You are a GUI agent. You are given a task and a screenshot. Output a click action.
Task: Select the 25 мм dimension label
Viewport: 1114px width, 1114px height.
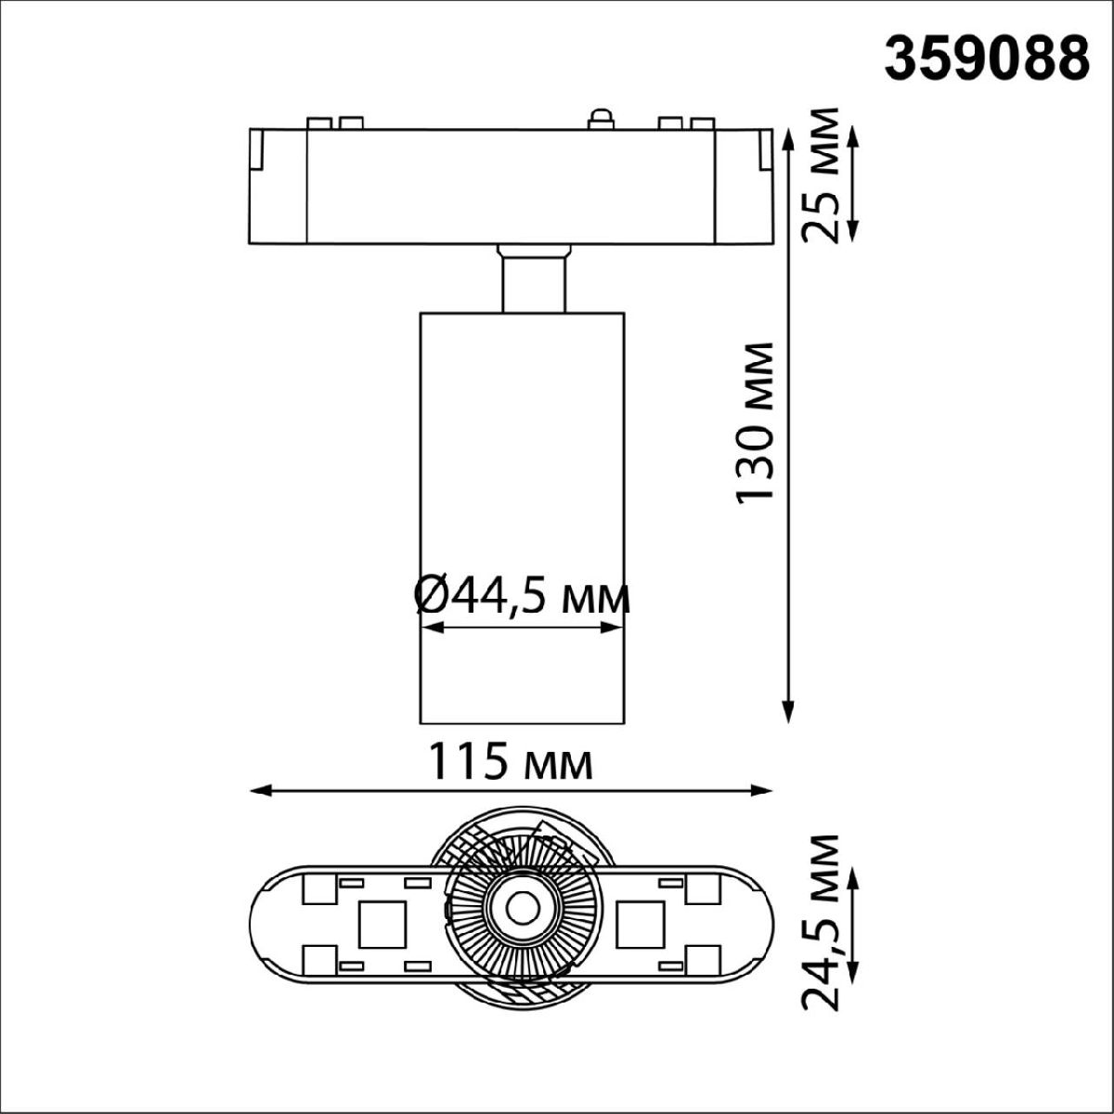point(822,176)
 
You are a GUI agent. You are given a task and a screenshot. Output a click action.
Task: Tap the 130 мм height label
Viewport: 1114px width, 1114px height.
point(754,422)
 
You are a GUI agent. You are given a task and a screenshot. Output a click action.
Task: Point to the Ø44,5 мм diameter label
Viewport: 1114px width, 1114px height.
point(522,596)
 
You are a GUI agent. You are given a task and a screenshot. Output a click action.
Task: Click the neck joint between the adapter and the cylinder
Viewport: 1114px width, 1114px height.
point(534,277)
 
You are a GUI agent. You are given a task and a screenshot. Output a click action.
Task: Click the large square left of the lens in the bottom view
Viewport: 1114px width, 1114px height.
point(382,925)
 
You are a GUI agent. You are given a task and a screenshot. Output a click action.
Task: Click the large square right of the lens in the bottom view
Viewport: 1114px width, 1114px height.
point(640,925)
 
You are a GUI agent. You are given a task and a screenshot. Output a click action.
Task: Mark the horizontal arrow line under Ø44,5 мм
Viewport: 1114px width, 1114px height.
point(522,628)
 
